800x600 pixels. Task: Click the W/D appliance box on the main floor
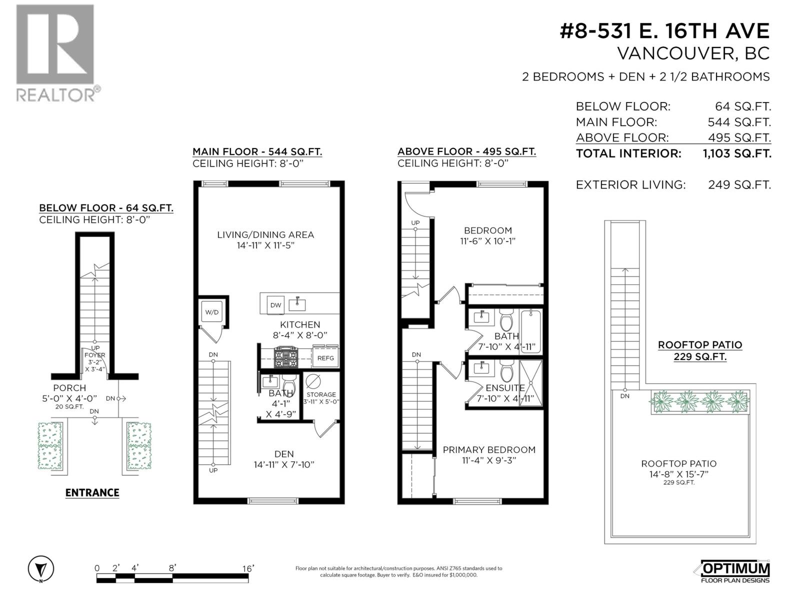point(212,312)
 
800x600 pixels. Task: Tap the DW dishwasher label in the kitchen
point(275,305)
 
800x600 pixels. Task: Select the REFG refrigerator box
point(325,358)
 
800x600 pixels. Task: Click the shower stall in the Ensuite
point(530,382)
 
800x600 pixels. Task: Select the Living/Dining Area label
point(265,234)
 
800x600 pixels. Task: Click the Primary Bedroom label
point(489,449)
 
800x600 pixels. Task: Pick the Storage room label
point(321,394)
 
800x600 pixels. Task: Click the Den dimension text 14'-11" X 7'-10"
point(284,464)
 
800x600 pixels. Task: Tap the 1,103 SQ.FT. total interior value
point(736,153)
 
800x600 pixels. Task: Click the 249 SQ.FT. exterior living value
point(739,184)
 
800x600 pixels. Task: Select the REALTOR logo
point(56,52)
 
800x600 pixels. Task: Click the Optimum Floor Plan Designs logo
point(732,570)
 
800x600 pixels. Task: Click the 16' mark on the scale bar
point(248,568)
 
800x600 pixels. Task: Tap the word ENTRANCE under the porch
point(92,492)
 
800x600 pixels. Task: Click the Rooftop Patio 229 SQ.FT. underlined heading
point(699,350)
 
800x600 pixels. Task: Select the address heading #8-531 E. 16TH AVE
point(664,31)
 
